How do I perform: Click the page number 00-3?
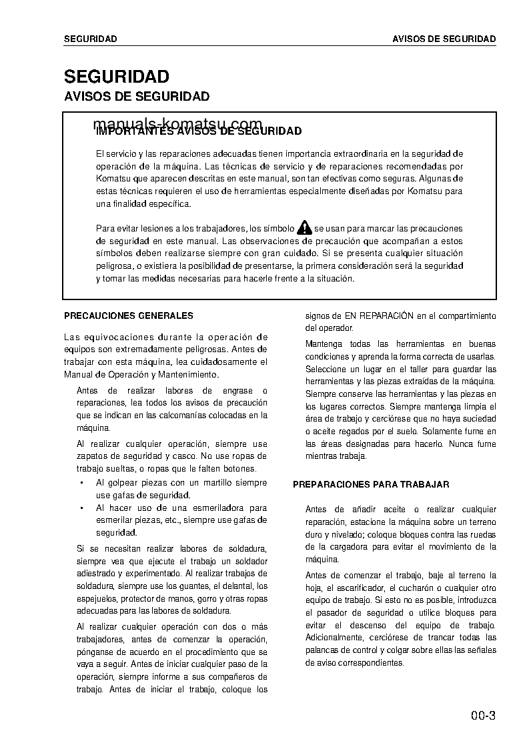482,717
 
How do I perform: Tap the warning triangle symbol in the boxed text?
305,227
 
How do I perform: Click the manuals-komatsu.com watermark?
177,125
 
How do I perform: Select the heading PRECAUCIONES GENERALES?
128,315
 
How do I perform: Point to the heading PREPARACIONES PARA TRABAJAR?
371,485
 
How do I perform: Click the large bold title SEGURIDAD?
116,77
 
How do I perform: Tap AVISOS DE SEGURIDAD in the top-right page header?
444,39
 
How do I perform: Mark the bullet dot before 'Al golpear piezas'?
81,482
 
